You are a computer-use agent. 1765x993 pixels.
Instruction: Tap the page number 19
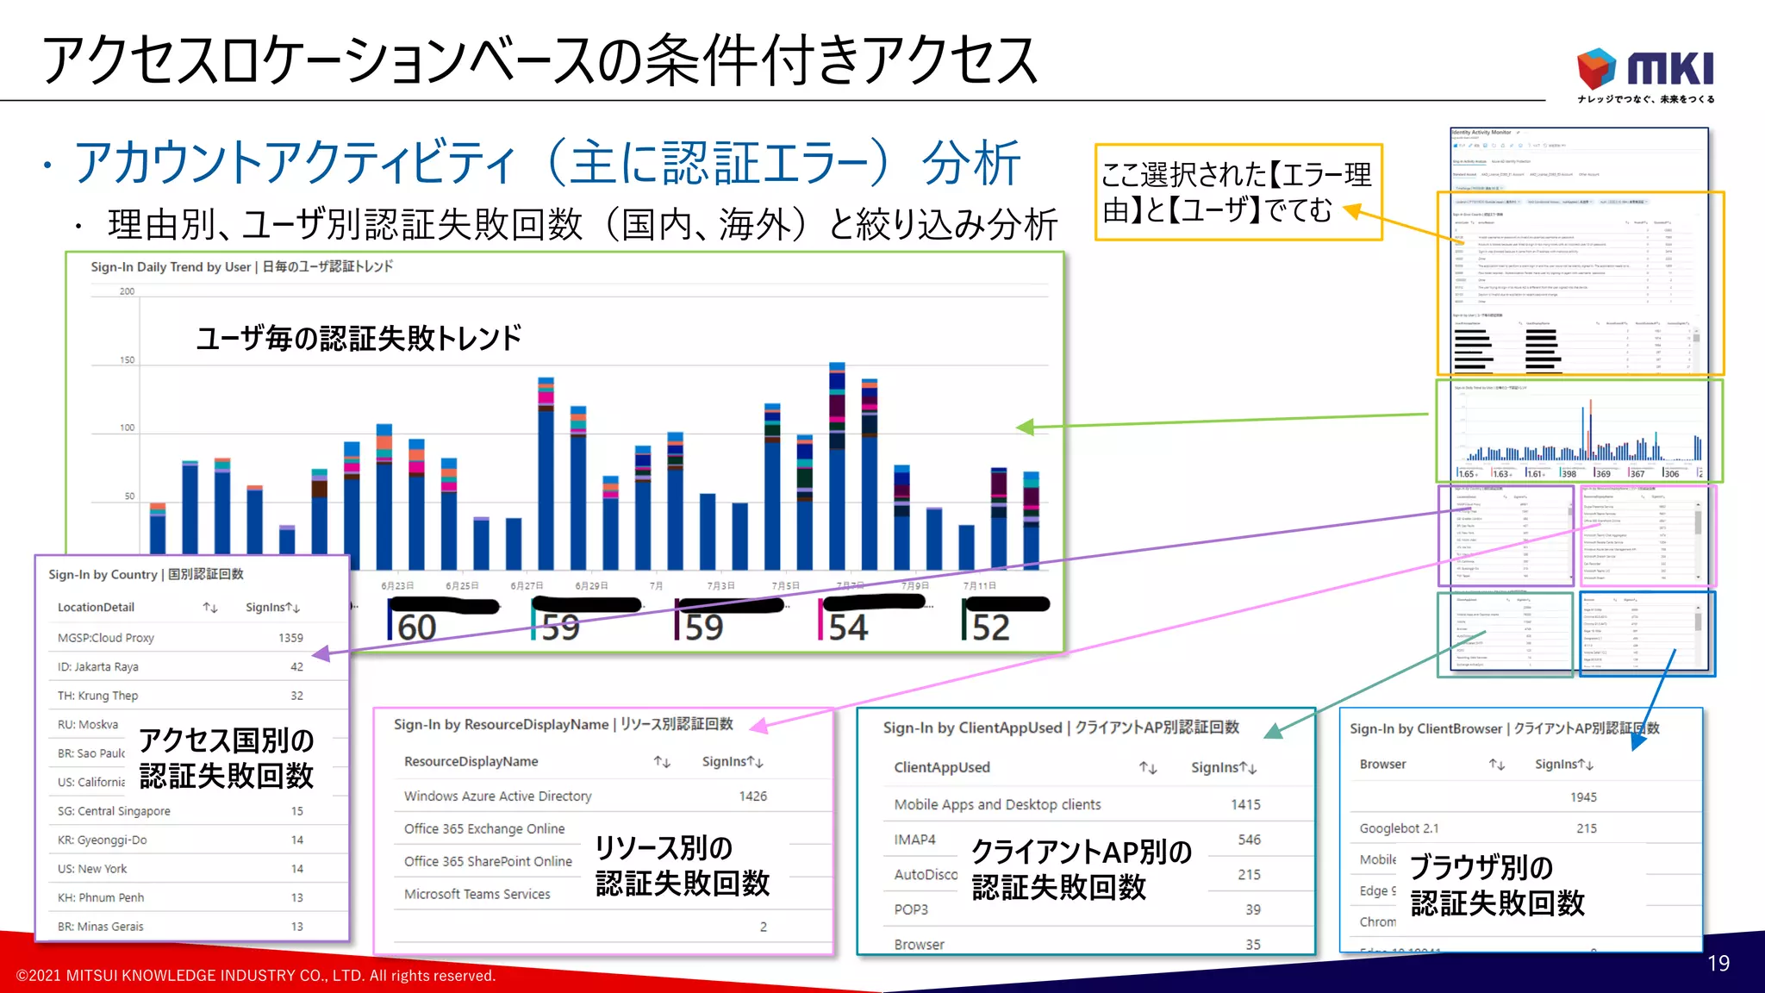1718,963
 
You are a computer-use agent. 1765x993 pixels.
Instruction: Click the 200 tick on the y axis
127,291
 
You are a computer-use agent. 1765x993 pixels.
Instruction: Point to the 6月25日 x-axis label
462,586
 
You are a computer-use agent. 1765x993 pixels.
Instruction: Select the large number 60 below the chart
416,628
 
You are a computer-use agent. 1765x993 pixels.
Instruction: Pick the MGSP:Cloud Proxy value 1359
290,638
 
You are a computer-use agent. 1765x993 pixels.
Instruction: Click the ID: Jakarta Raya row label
97,666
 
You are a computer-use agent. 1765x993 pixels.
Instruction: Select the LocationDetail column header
96,607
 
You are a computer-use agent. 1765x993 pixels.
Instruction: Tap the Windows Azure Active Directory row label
497,796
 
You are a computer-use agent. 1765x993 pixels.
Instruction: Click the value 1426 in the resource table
752,796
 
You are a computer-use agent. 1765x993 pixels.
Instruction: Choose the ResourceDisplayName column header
471,761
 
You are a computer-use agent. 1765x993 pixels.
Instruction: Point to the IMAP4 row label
914,839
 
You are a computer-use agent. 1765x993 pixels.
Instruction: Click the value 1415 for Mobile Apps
1245,804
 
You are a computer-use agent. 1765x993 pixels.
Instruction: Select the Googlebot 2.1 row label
1399,828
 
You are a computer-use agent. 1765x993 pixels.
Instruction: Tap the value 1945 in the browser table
1583,797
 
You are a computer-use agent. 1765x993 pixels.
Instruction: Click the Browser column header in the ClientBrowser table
1382,764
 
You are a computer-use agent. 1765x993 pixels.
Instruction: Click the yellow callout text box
1238,192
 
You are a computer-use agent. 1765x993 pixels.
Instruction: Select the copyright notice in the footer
256,976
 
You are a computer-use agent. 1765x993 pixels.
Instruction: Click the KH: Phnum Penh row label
100,897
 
